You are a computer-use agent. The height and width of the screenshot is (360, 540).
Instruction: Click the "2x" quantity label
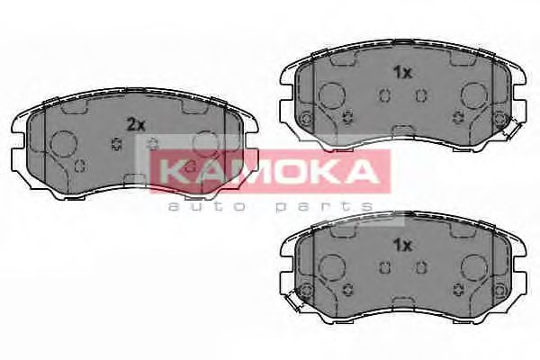click(x=136, y=125)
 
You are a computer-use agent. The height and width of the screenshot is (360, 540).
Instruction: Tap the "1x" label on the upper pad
click(x=402, y=73)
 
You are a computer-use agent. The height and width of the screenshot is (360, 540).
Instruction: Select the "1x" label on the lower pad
click(x=402, y=244)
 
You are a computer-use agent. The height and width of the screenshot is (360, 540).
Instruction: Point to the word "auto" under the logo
click(x=196, y=206)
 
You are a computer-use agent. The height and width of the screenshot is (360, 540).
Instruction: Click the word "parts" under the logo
click(x=320, y=206)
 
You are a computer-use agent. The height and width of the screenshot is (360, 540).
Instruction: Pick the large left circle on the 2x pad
click(x=64, y=144)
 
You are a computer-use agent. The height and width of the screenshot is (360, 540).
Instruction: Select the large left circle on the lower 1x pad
click(x=332, y=265)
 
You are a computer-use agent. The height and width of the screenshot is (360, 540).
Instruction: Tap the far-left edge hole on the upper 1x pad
click(x=306, y=121)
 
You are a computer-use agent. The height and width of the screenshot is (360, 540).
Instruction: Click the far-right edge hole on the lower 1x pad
click(x=499, y=288)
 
